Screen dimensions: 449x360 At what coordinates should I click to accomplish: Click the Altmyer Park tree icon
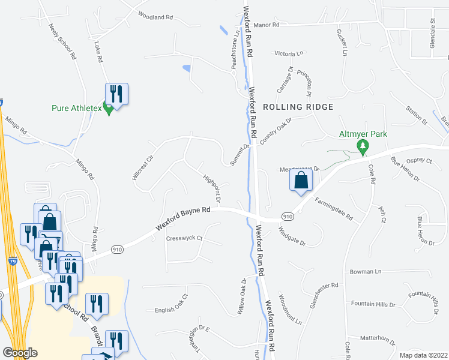(x=363, y=146)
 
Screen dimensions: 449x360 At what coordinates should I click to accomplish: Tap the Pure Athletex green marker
(x=108, y=109)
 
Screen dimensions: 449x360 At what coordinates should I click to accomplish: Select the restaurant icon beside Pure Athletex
(x=117, y=94)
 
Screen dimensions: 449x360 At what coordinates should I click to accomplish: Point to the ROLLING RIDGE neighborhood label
(x=297, y=107)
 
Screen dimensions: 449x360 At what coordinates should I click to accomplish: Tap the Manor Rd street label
(x=267, y=25)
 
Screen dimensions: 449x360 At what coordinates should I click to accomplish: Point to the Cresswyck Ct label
(x=184, y=238)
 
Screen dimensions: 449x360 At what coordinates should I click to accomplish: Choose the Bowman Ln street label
(x=366, y=272)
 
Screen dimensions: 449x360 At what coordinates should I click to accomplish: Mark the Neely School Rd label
(x=65, y=41)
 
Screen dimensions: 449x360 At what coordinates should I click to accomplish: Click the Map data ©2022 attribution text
(x=423, y=355)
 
